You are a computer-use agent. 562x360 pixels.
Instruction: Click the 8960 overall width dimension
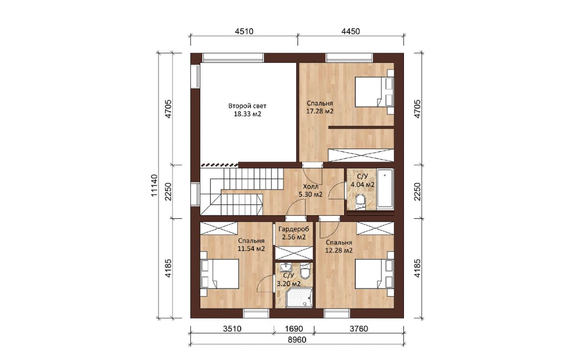(x=297, y=340)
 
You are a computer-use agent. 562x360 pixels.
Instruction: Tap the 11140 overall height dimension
(x=155, y=185)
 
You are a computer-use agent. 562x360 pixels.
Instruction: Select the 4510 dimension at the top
(x=244, y=31)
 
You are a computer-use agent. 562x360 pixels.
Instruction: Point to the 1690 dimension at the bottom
(x=294, y=328)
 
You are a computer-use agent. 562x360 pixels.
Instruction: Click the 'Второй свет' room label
(x=247, y=106)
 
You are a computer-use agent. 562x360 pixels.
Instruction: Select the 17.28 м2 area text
(x=320, y=111)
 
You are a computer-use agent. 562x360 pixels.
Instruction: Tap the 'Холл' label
(x=310, y=187)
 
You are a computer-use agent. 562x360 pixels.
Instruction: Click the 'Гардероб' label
(x=294, y=229)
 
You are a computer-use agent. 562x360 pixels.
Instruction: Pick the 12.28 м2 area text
(x=339, y=250)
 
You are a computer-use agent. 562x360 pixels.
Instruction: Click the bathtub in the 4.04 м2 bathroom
(x=385, y=189)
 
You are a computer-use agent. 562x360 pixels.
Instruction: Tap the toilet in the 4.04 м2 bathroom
(x=361, y=202)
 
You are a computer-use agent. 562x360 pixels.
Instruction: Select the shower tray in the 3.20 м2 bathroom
(x=299, y=298)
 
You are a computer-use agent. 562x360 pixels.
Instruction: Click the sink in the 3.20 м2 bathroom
(x=285, y=267)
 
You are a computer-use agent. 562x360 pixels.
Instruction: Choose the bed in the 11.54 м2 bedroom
(x=220, y=274)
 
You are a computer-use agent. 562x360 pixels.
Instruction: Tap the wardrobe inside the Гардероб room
(x=294, y=253)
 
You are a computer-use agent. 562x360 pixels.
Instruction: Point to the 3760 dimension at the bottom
(x=359, y=328)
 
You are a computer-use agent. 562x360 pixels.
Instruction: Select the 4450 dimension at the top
(x=351, y=31)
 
